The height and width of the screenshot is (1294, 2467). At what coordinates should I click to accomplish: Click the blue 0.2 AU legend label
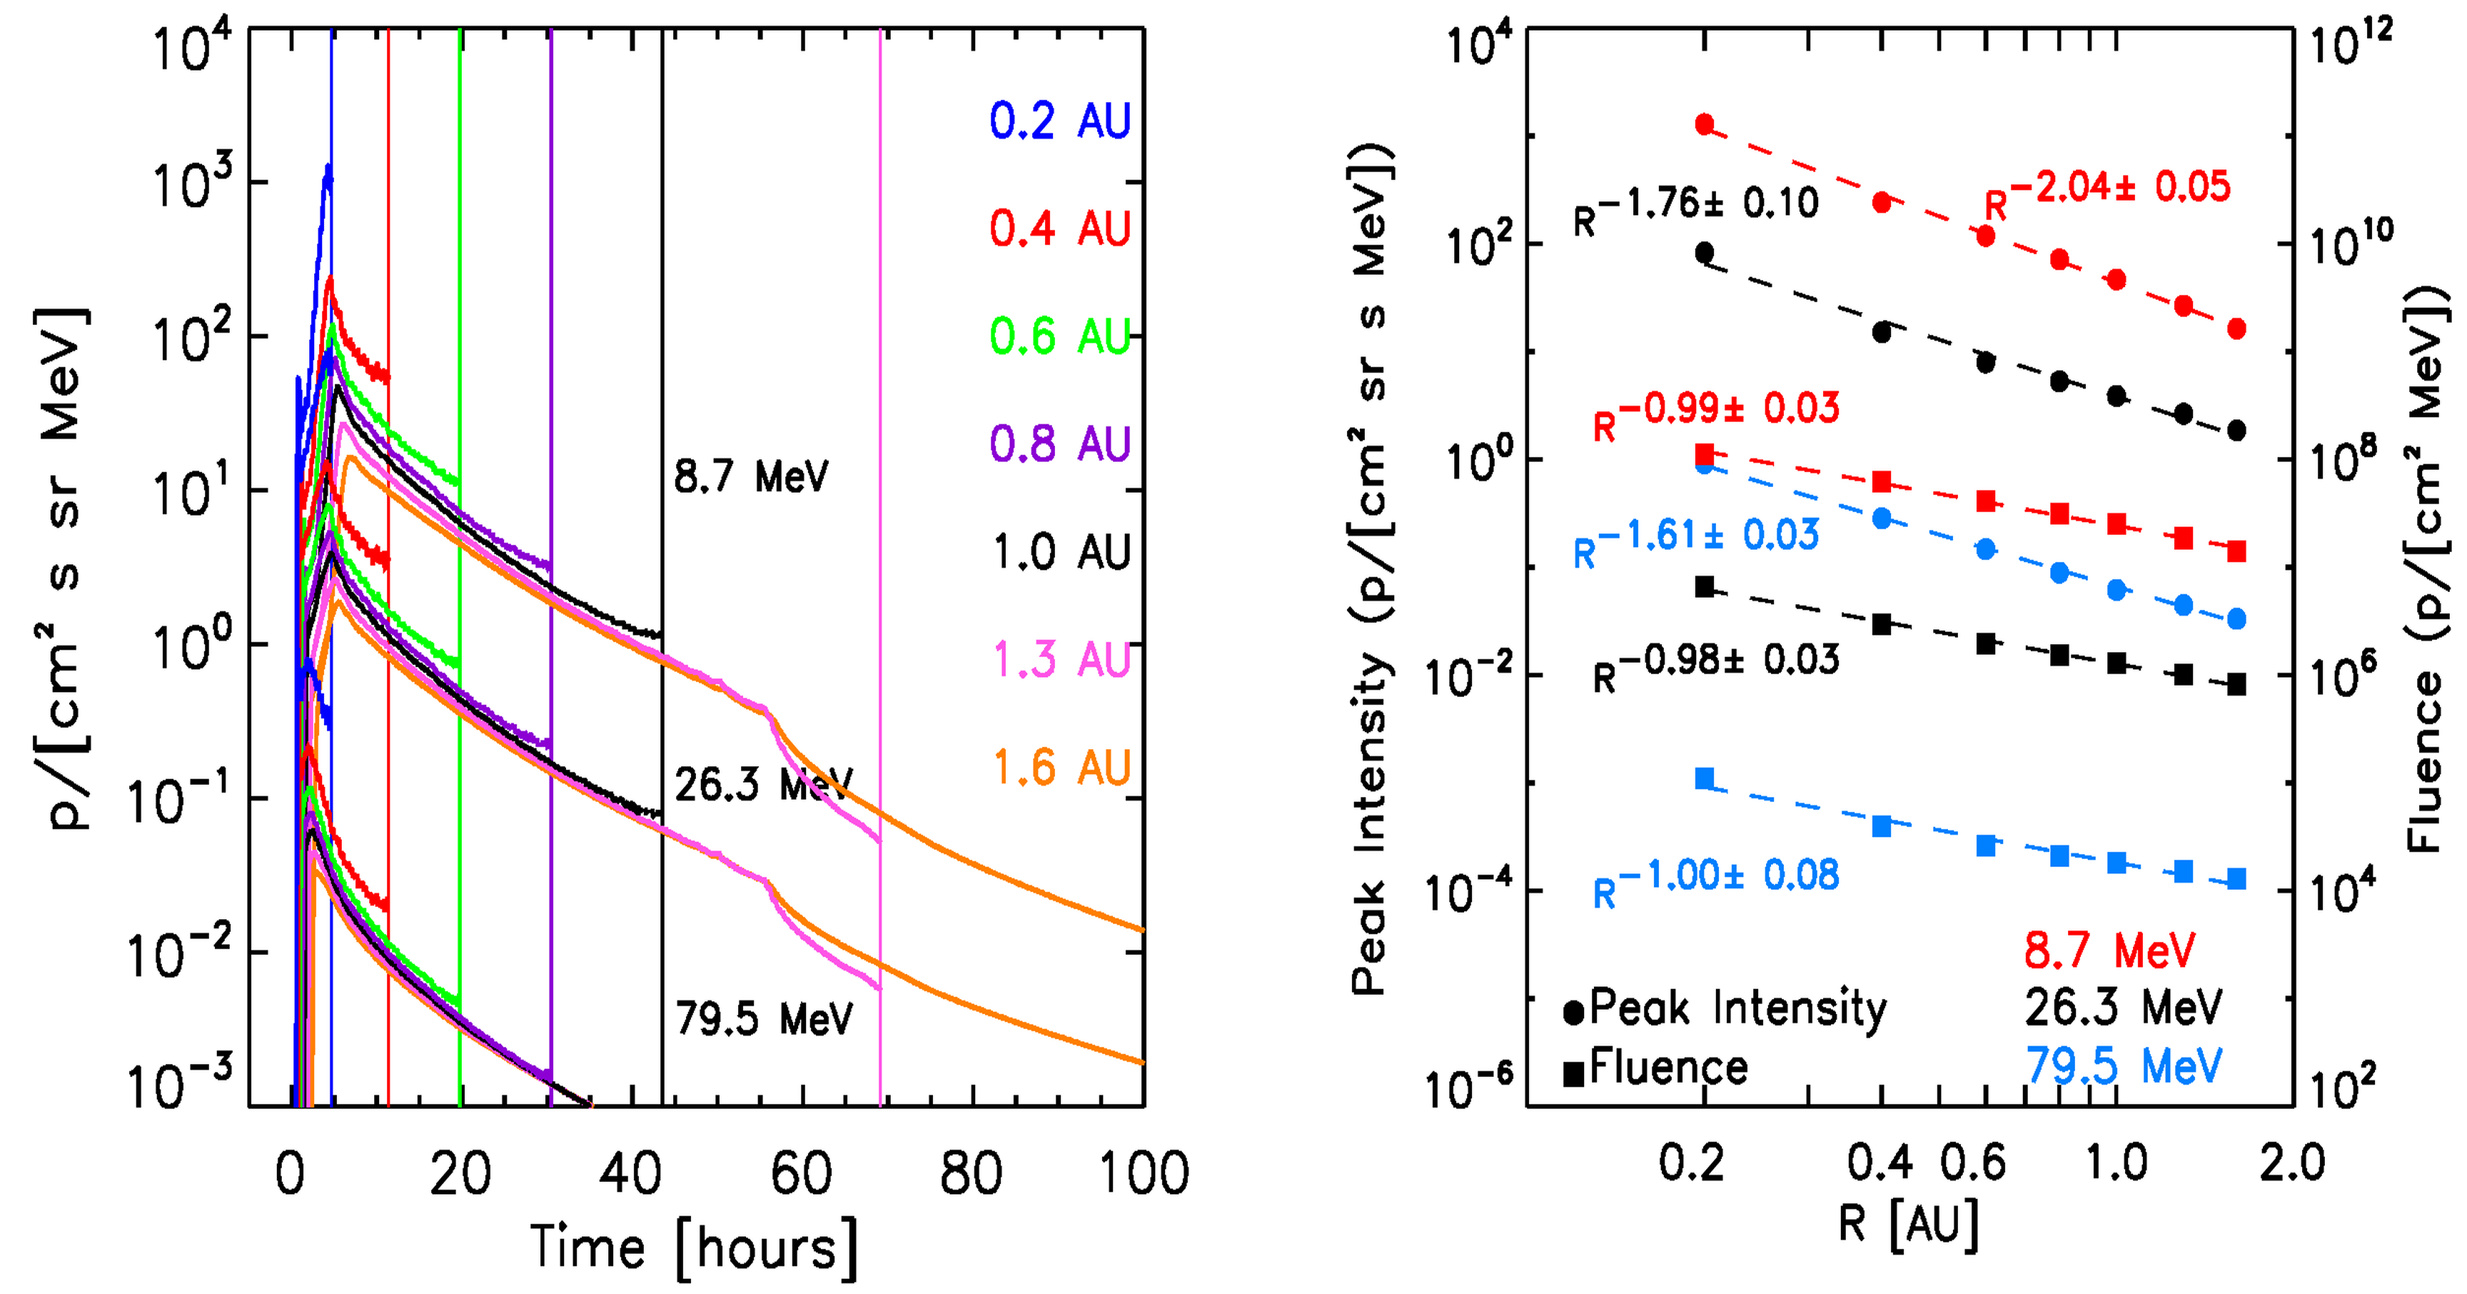[x=1060, y=121]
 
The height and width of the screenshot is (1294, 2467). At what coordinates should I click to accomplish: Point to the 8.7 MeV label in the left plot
[x=751, y=476]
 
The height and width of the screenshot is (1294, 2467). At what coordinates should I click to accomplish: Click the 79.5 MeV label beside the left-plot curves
[x=763, y=1018]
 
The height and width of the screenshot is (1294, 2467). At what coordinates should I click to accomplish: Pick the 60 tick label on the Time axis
[x=801, y=1173]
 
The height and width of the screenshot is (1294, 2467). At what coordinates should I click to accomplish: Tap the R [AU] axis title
[x=1907, y=1224]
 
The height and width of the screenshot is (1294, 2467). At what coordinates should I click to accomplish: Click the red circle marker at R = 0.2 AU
[x=1705, y=124]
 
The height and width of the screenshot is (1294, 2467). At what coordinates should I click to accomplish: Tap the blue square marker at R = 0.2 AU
[x=1705, y=778]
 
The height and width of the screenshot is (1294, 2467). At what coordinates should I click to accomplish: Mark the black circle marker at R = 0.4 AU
[x=1882, y=332]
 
